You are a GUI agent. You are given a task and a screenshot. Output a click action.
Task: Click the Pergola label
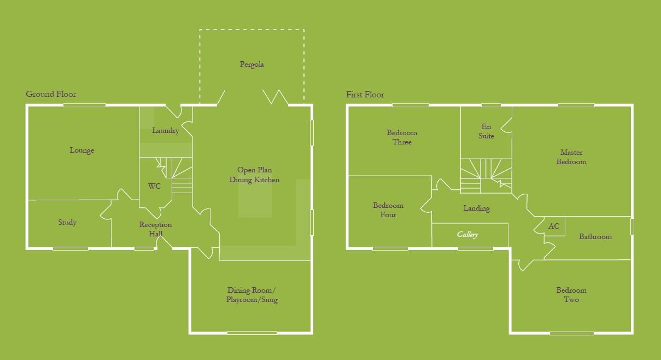coord(251,65)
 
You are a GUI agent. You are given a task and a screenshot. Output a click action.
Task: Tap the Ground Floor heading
coord(51,94)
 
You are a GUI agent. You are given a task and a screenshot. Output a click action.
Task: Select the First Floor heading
coord(365,95)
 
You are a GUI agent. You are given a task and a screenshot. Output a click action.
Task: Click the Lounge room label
coord(82,150)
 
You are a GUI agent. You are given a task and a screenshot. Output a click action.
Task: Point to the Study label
coord(67,223)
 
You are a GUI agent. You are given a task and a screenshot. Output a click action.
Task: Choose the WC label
coord(154,187)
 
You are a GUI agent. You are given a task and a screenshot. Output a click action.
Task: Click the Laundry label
coord(165,131)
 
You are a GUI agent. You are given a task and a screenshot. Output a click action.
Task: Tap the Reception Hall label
coord(155,229)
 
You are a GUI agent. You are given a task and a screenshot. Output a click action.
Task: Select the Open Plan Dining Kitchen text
coord(254,175)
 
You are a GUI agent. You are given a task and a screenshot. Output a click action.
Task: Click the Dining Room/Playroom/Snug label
coord(252,295)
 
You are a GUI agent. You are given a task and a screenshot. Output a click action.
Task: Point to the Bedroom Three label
coord(402,137)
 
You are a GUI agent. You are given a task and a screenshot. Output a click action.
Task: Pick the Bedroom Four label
coord(388,210)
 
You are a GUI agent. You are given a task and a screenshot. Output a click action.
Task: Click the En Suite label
coord(486,131)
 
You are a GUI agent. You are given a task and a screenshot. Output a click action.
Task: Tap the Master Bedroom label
coord(571,157)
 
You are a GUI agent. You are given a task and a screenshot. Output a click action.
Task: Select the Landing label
coord(476,208)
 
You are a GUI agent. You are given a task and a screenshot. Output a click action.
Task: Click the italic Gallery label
coord(467,235)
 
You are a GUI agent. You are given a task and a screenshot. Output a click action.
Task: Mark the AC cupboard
coord(554,226)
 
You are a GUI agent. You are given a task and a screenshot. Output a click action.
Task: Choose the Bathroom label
coord(595,237)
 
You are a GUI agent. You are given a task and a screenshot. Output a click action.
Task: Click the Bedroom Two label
coord(571,295)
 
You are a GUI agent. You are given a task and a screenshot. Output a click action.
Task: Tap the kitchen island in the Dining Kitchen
coord(255,200)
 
